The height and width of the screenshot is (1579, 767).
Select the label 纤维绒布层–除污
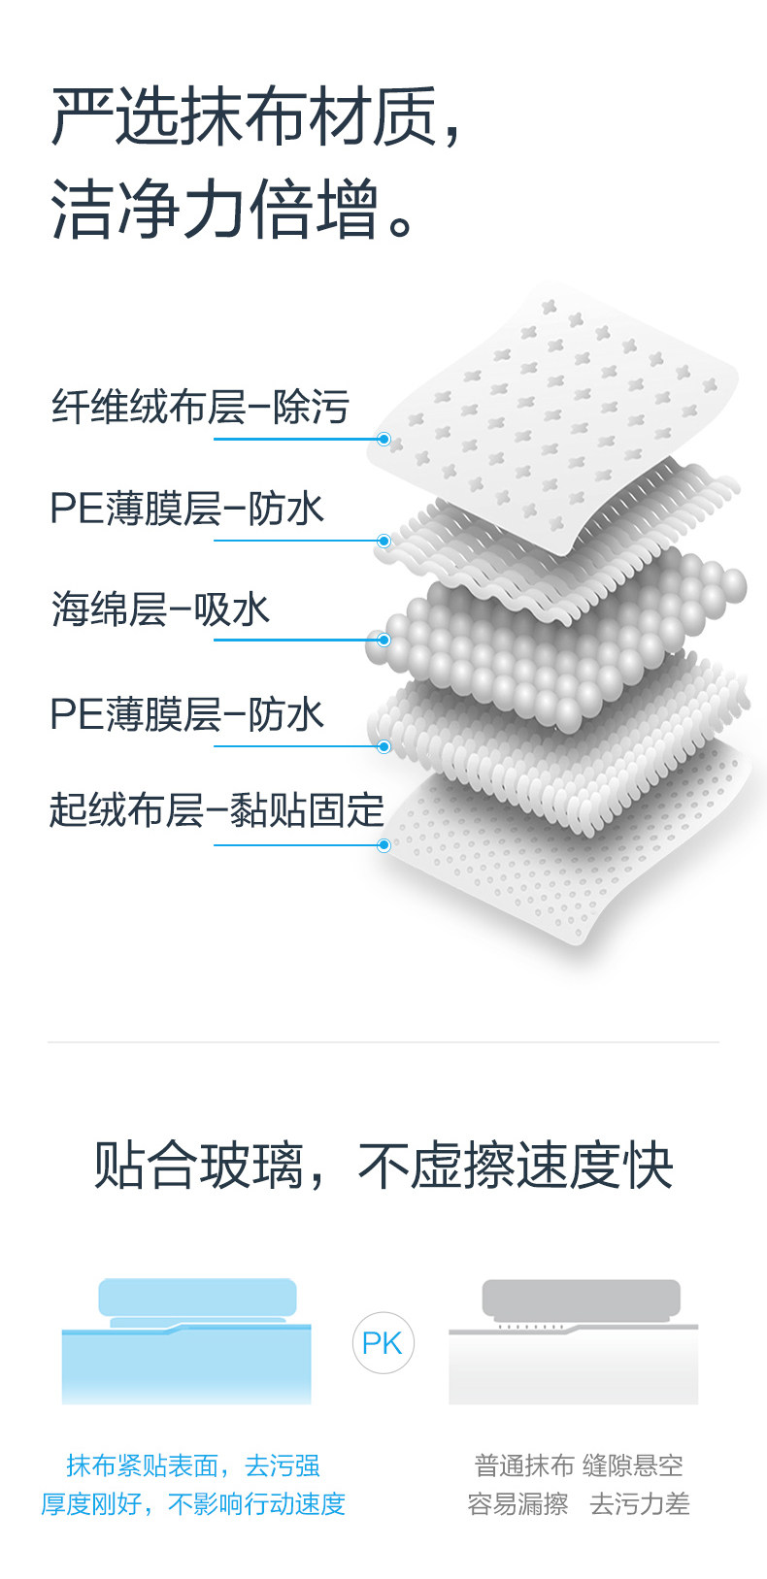(200, 408)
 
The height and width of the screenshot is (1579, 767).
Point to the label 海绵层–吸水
(160, 609)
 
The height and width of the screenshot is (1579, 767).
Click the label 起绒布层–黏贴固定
(217, 810)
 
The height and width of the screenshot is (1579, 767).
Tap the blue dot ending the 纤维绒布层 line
(383, 440)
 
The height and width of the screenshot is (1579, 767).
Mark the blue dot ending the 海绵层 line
(383, 641)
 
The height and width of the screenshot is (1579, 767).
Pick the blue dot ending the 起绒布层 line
(383, 845)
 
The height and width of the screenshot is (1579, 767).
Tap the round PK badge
(383, 1343)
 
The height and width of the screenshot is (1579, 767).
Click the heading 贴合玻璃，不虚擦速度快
(383, 1165)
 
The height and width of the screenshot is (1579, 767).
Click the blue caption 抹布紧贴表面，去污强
(192, 1465)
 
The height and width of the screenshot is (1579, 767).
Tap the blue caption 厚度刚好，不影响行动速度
(192, 1504)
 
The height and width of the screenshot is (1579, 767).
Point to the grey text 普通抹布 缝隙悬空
(579, 1465)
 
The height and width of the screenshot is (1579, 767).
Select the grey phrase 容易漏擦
(517, 1504)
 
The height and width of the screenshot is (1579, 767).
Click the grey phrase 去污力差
(640, 1504)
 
